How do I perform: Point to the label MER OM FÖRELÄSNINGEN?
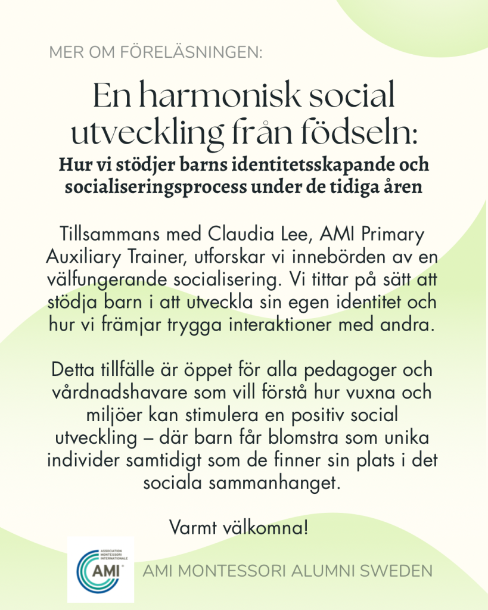point(156,52)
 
